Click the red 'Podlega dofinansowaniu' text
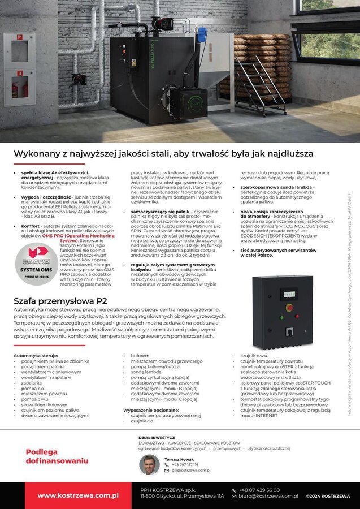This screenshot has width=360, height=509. tap(57, 456)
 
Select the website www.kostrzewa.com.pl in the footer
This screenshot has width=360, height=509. tap(78, 495)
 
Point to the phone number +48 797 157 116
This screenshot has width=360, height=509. tap(185, 464)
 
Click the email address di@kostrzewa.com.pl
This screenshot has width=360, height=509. tap(190, 471)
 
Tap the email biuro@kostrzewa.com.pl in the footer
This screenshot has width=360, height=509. tap(268, 496)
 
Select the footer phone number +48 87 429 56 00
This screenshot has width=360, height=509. tap(259, 490)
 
